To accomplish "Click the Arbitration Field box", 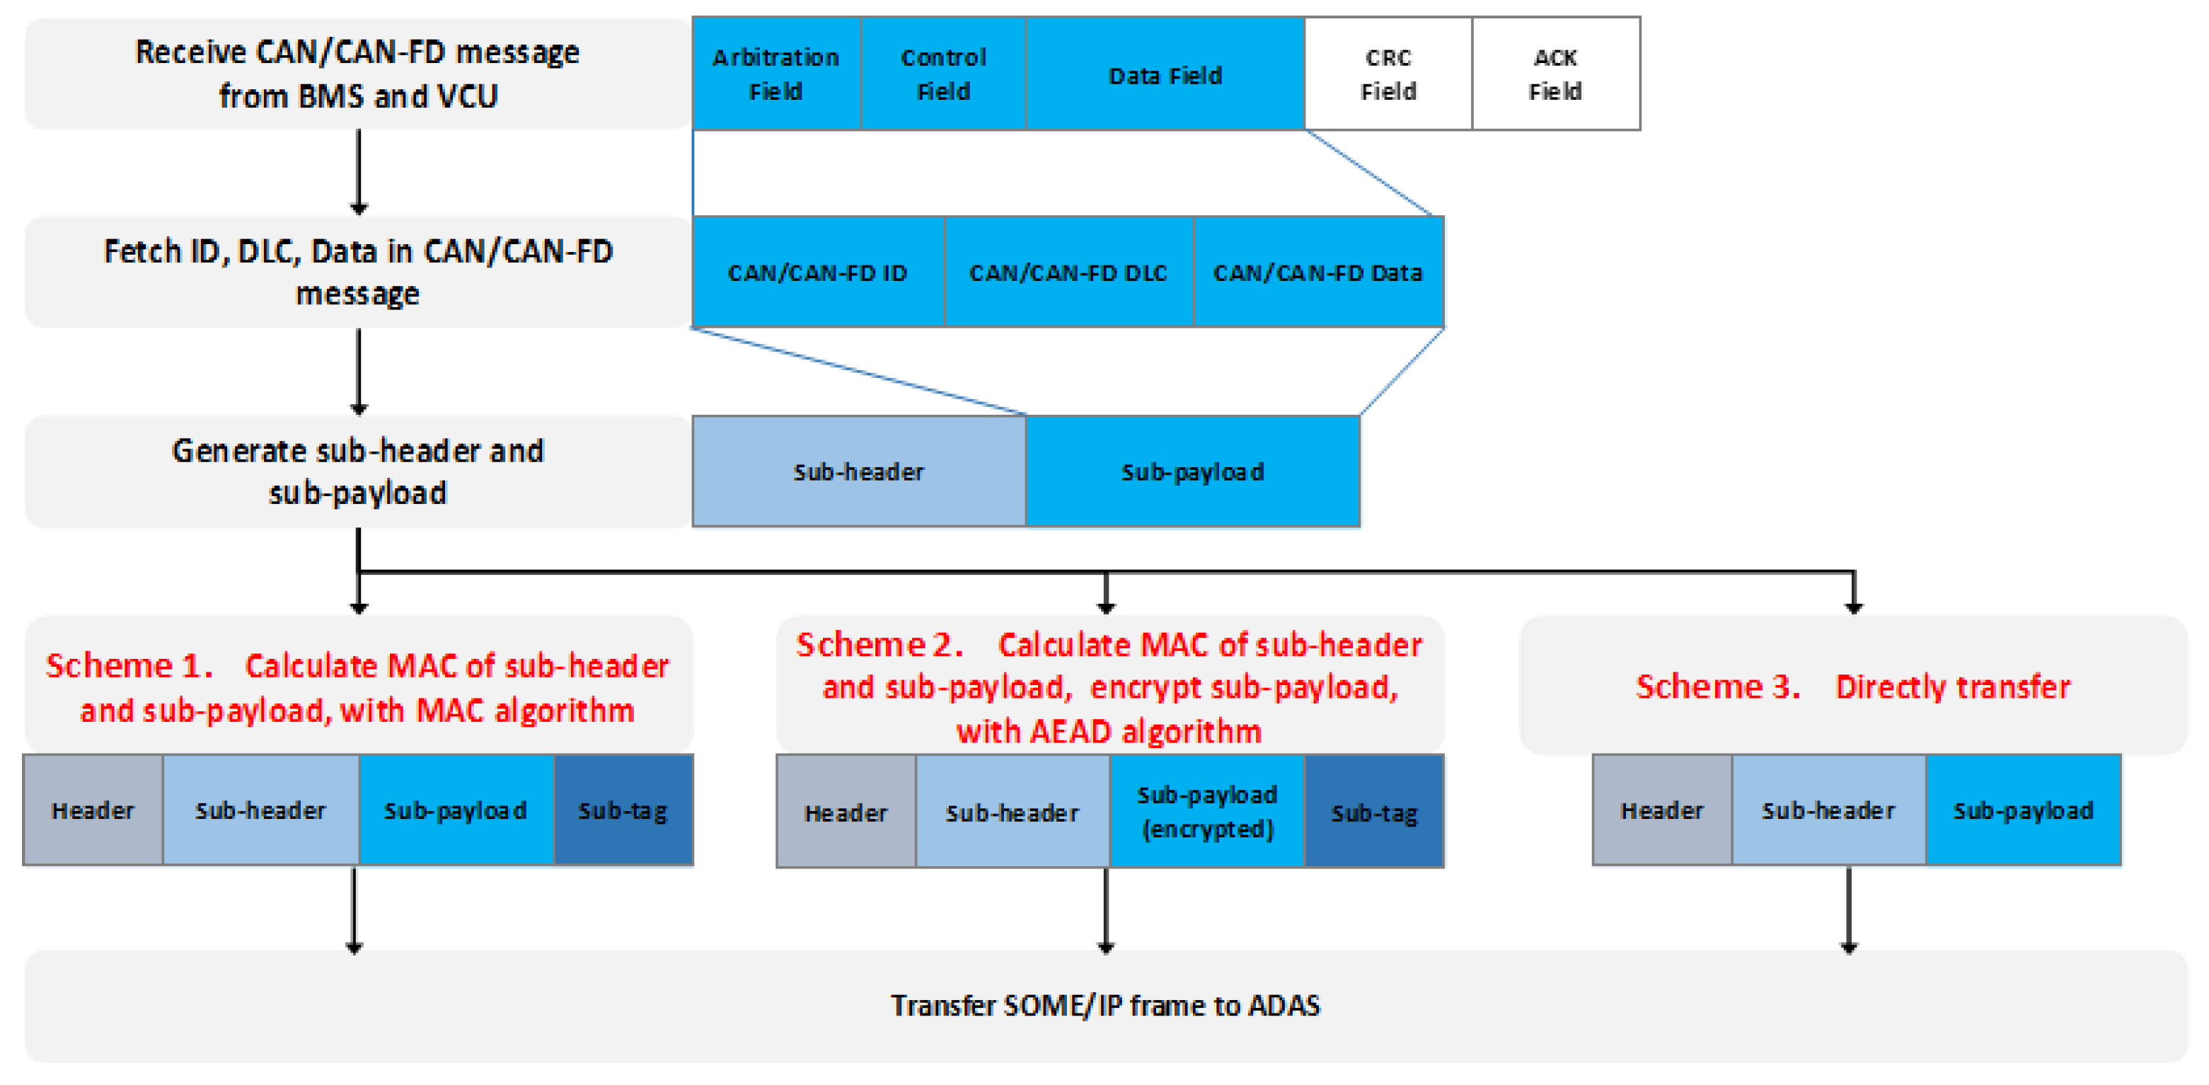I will (x=775, y=74).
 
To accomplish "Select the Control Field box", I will (x=943, y=74).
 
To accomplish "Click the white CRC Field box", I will (x=1388, y=74).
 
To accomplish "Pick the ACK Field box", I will (x=1555, y=74).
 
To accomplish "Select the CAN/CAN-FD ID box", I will (x=817, y=272).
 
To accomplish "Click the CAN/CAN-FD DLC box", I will (x=1068, y=272).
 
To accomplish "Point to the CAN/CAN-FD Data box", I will (x=1317, y=272).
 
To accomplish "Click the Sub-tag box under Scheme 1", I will (x=623, y=810).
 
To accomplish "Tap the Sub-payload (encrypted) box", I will (x=1206, y=810).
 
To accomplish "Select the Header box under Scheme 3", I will (x=1661, y=810).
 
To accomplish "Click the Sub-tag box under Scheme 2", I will (x=1374, y=811).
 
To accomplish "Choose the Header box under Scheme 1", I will (x=93, y=810).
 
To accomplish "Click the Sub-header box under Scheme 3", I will (x=1828, y=810).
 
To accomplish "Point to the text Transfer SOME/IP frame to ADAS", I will (x=1104, y=1004).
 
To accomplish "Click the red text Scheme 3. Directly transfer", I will (x=1852, y=686).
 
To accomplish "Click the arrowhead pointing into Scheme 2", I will (x=1105, y=607).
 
